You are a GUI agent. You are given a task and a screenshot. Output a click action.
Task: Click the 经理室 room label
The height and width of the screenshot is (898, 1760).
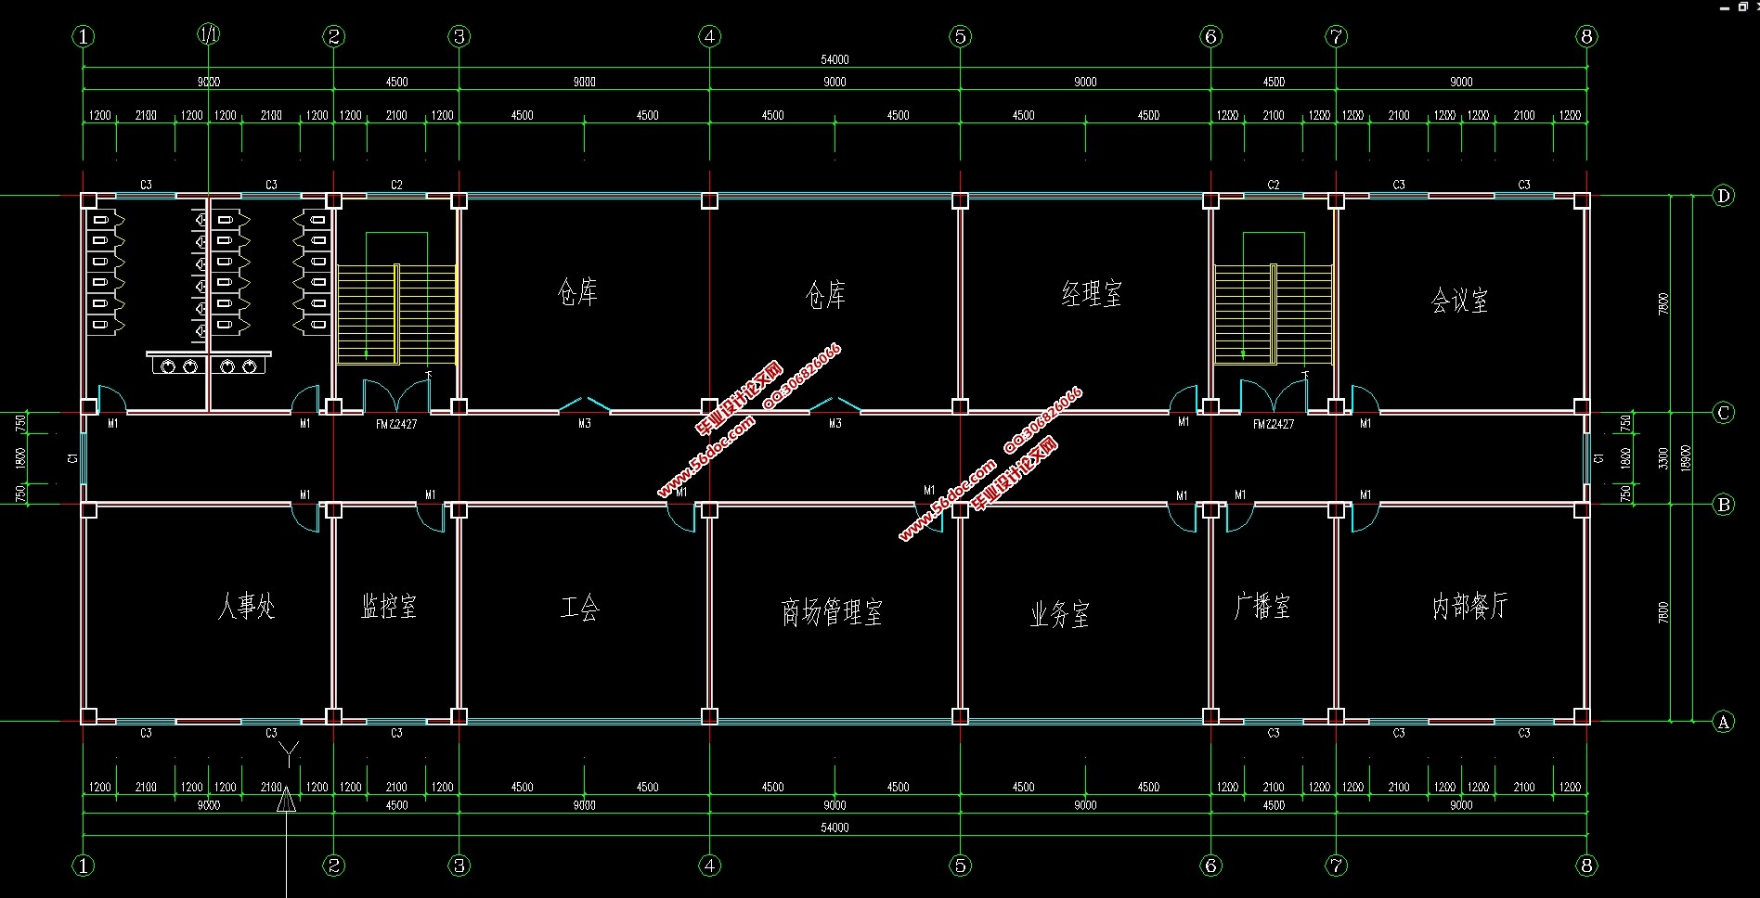point(1092,295)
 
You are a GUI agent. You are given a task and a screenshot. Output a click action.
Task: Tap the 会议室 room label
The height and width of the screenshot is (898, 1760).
point(1459,301)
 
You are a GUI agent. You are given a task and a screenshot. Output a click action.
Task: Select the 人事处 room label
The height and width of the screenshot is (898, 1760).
point(246,607)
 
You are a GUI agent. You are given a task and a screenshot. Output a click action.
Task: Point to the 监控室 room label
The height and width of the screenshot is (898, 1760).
point(389,607)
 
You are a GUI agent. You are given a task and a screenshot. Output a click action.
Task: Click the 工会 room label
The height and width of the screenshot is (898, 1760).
point(580,608)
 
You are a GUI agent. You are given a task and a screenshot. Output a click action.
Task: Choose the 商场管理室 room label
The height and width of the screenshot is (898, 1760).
point(832,612)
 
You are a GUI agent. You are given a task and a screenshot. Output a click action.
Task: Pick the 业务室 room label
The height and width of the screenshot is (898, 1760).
point(1059,614)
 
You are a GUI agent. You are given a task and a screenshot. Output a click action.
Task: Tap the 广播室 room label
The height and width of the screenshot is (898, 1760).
point(1262,607)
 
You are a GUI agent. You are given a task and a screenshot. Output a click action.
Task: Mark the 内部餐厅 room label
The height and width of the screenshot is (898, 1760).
point(1469,607)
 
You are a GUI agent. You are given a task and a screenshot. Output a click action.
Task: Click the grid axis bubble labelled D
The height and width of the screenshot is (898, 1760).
point(1723,196)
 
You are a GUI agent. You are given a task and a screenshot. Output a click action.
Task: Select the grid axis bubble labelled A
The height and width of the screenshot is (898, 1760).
point(1723,721)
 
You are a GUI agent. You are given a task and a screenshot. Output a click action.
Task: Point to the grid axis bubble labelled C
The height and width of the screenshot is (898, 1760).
point(1723,413)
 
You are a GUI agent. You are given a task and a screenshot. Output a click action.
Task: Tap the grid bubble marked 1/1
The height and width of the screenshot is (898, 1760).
point(209,35)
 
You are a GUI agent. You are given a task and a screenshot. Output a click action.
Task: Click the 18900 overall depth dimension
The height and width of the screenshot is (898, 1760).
point(1686,458)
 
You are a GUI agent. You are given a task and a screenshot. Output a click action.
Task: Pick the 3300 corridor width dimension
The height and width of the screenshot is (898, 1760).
point(1663,458)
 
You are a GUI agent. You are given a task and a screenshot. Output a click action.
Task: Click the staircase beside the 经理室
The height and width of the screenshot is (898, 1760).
point(1274,314)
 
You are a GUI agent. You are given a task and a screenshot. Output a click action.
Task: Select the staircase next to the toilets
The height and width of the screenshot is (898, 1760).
point(396,314)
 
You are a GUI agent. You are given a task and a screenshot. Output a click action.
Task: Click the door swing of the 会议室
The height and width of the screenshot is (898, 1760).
point(1365,399)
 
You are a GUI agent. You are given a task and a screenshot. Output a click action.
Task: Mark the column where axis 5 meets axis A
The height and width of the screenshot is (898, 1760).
point(960,716)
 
